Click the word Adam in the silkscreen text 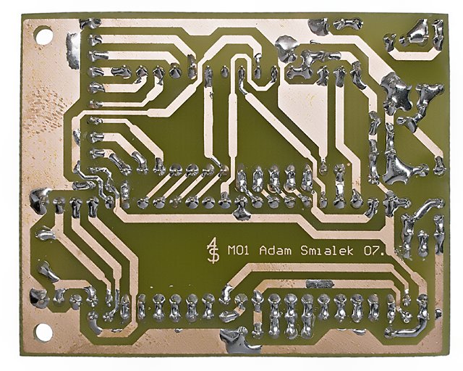click(275, 251)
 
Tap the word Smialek click(327, 251)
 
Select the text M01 click(239, 251)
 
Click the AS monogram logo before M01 click(213, 250)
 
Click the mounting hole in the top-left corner click(43, 36)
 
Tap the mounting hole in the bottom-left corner click(43, 332)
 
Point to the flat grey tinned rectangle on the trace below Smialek click(320, 284)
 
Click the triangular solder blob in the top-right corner click(420, 33)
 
